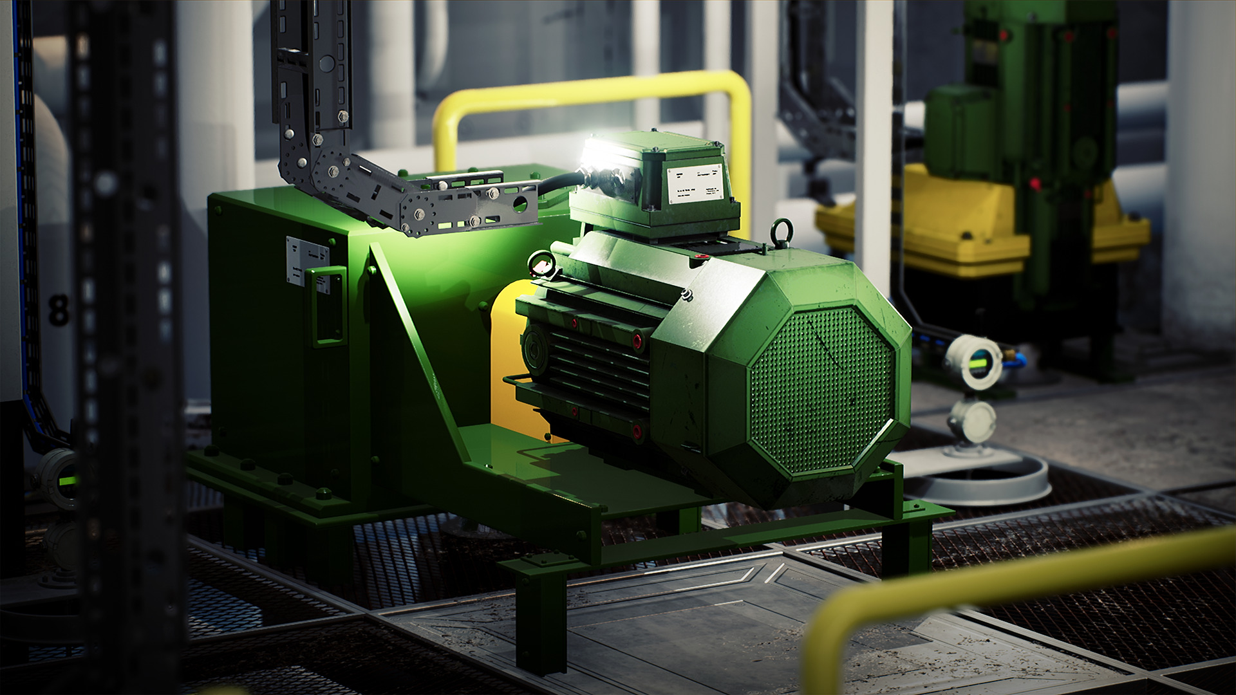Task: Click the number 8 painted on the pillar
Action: tap(59, 310)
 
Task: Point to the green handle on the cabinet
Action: tap(328, 306)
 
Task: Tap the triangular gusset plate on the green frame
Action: tap(418, 360)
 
